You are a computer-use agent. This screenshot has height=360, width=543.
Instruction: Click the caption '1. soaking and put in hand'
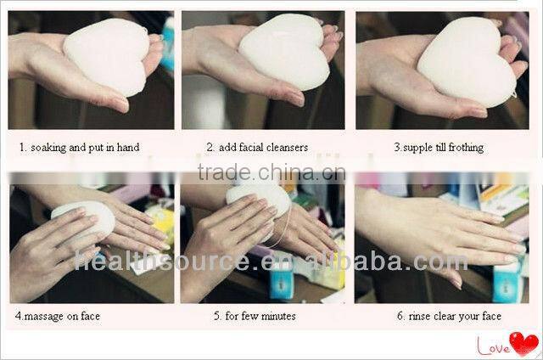click(x=80, y=148)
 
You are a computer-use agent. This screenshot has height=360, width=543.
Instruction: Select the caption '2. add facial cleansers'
click(x=260, y=148)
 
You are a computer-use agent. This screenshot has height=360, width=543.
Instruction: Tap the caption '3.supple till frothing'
click(x=439, y=148)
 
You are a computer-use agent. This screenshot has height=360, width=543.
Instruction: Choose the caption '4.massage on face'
click(x=58, y=317)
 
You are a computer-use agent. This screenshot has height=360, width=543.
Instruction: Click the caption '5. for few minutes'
click(x=255, y=317)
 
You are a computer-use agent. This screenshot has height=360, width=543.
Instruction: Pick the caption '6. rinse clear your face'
click(x=449, y=317)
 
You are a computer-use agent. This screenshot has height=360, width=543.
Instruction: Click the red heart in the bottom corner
click(x=524, y=343)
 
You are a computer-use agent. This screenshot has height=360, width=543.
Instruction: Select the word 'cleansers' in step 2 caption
click(x=288, y=148)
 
